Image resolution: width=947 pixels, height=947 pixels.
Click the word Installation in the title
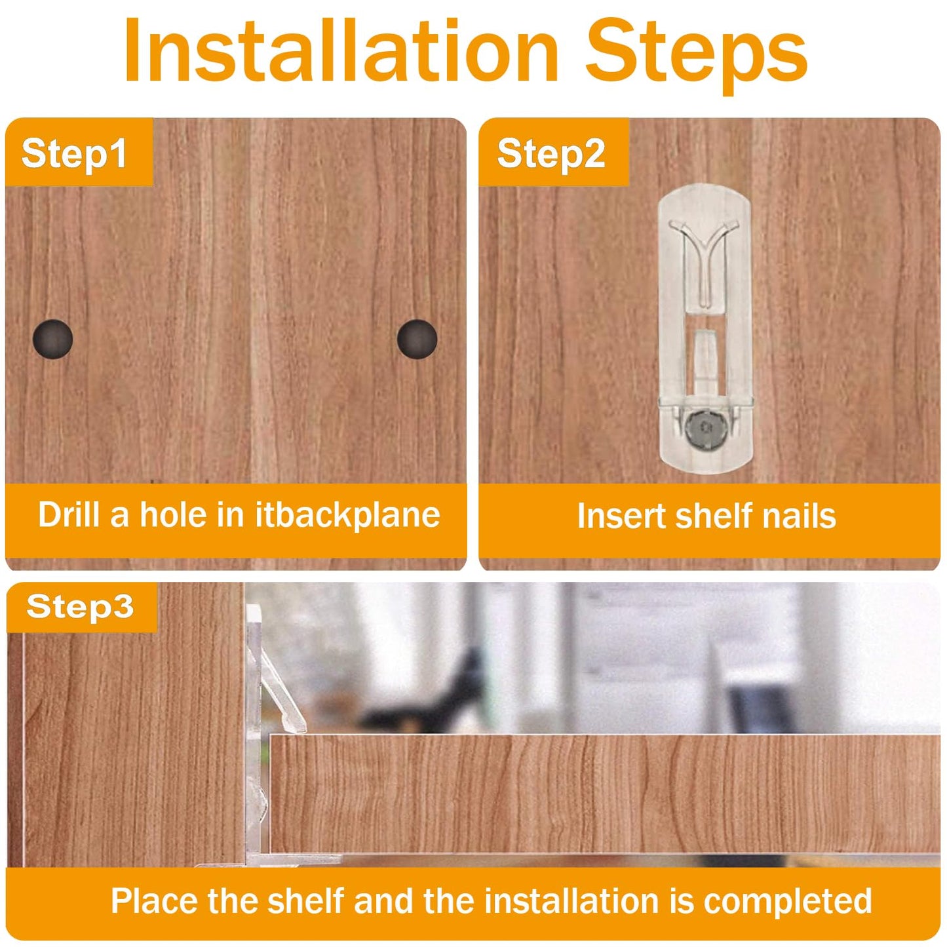[341, 51]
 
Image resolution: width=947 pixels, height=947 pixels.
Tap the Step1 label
[74, 153]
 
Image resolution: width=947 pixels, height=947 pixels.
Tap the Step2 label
[551, 153]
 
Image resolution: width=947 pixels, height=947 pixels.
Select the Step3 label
[80, 606]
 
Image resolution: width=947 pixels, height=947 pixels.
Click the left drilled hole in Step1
[52, 339]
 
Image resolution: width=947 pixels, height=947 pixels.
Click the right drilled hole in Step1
[417, 339]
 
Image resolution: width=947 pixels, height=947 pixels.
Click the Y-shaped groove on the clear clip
[704, 256]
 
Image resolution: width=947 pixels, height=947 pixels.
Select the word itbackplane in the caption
[347, 514]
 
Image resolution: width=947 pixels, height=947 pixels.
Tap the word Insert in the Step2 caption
[621, 516]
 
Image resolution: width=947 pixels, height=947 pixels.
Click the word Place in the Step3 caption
[154, 900]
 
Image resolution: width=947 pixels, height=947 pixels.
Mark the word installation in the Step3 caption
[571, 900]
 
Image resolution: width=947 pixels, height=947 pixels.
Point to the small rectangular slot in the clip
[705, 354]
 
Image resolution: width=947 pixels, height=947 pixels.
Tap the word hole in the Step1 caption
[173, 514]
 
